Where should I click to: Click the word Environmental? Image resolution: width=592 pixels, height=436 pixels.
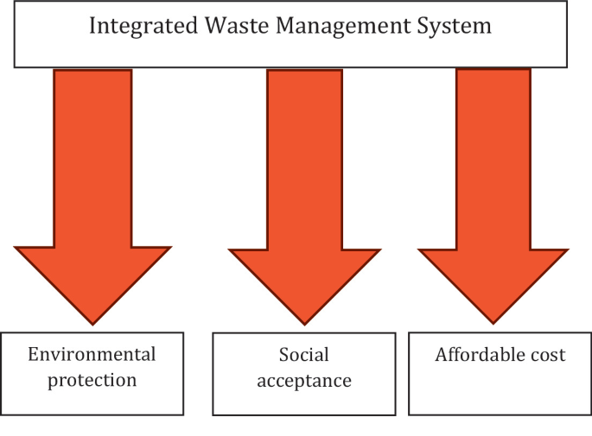[92, 354]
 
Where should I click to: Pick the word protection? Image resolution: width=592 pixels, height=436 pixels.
[92, 379]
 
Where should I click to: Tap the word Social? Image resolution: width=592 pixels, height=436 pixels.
[303, 355]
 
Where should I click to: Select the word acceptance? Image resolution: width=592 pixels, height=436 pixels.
[303, 381]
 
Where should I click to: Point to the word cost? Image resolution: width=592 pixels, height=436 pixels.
[548, 355]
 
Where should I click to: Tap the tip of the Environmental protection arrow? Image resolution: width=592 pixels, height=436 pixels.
[92, 323]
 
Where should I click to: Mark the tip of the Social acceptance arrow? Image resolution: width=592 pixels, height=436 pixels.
[303, 324]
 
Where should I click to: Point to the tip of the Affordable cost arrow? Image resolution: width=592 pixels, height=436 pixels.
[493, 322]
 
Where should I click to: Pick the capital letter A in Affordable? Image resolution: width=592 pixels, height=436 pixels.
[441, 354]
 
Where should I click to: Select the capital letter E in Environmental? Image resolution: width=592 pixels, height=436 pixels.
[33, 354]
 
